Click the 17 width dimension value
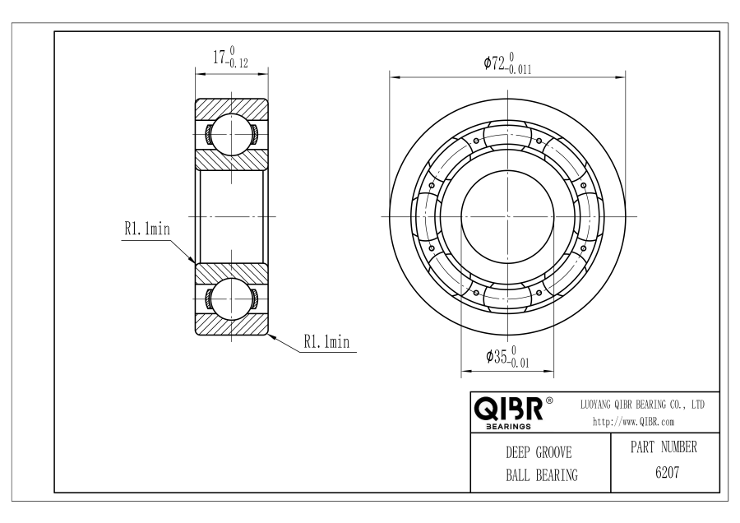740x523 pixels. [x=219, y=58]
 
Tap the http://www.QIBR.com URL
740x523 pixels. [x=633, y=422]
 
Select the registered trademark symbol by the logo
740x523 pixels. [x=551, y=401]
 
